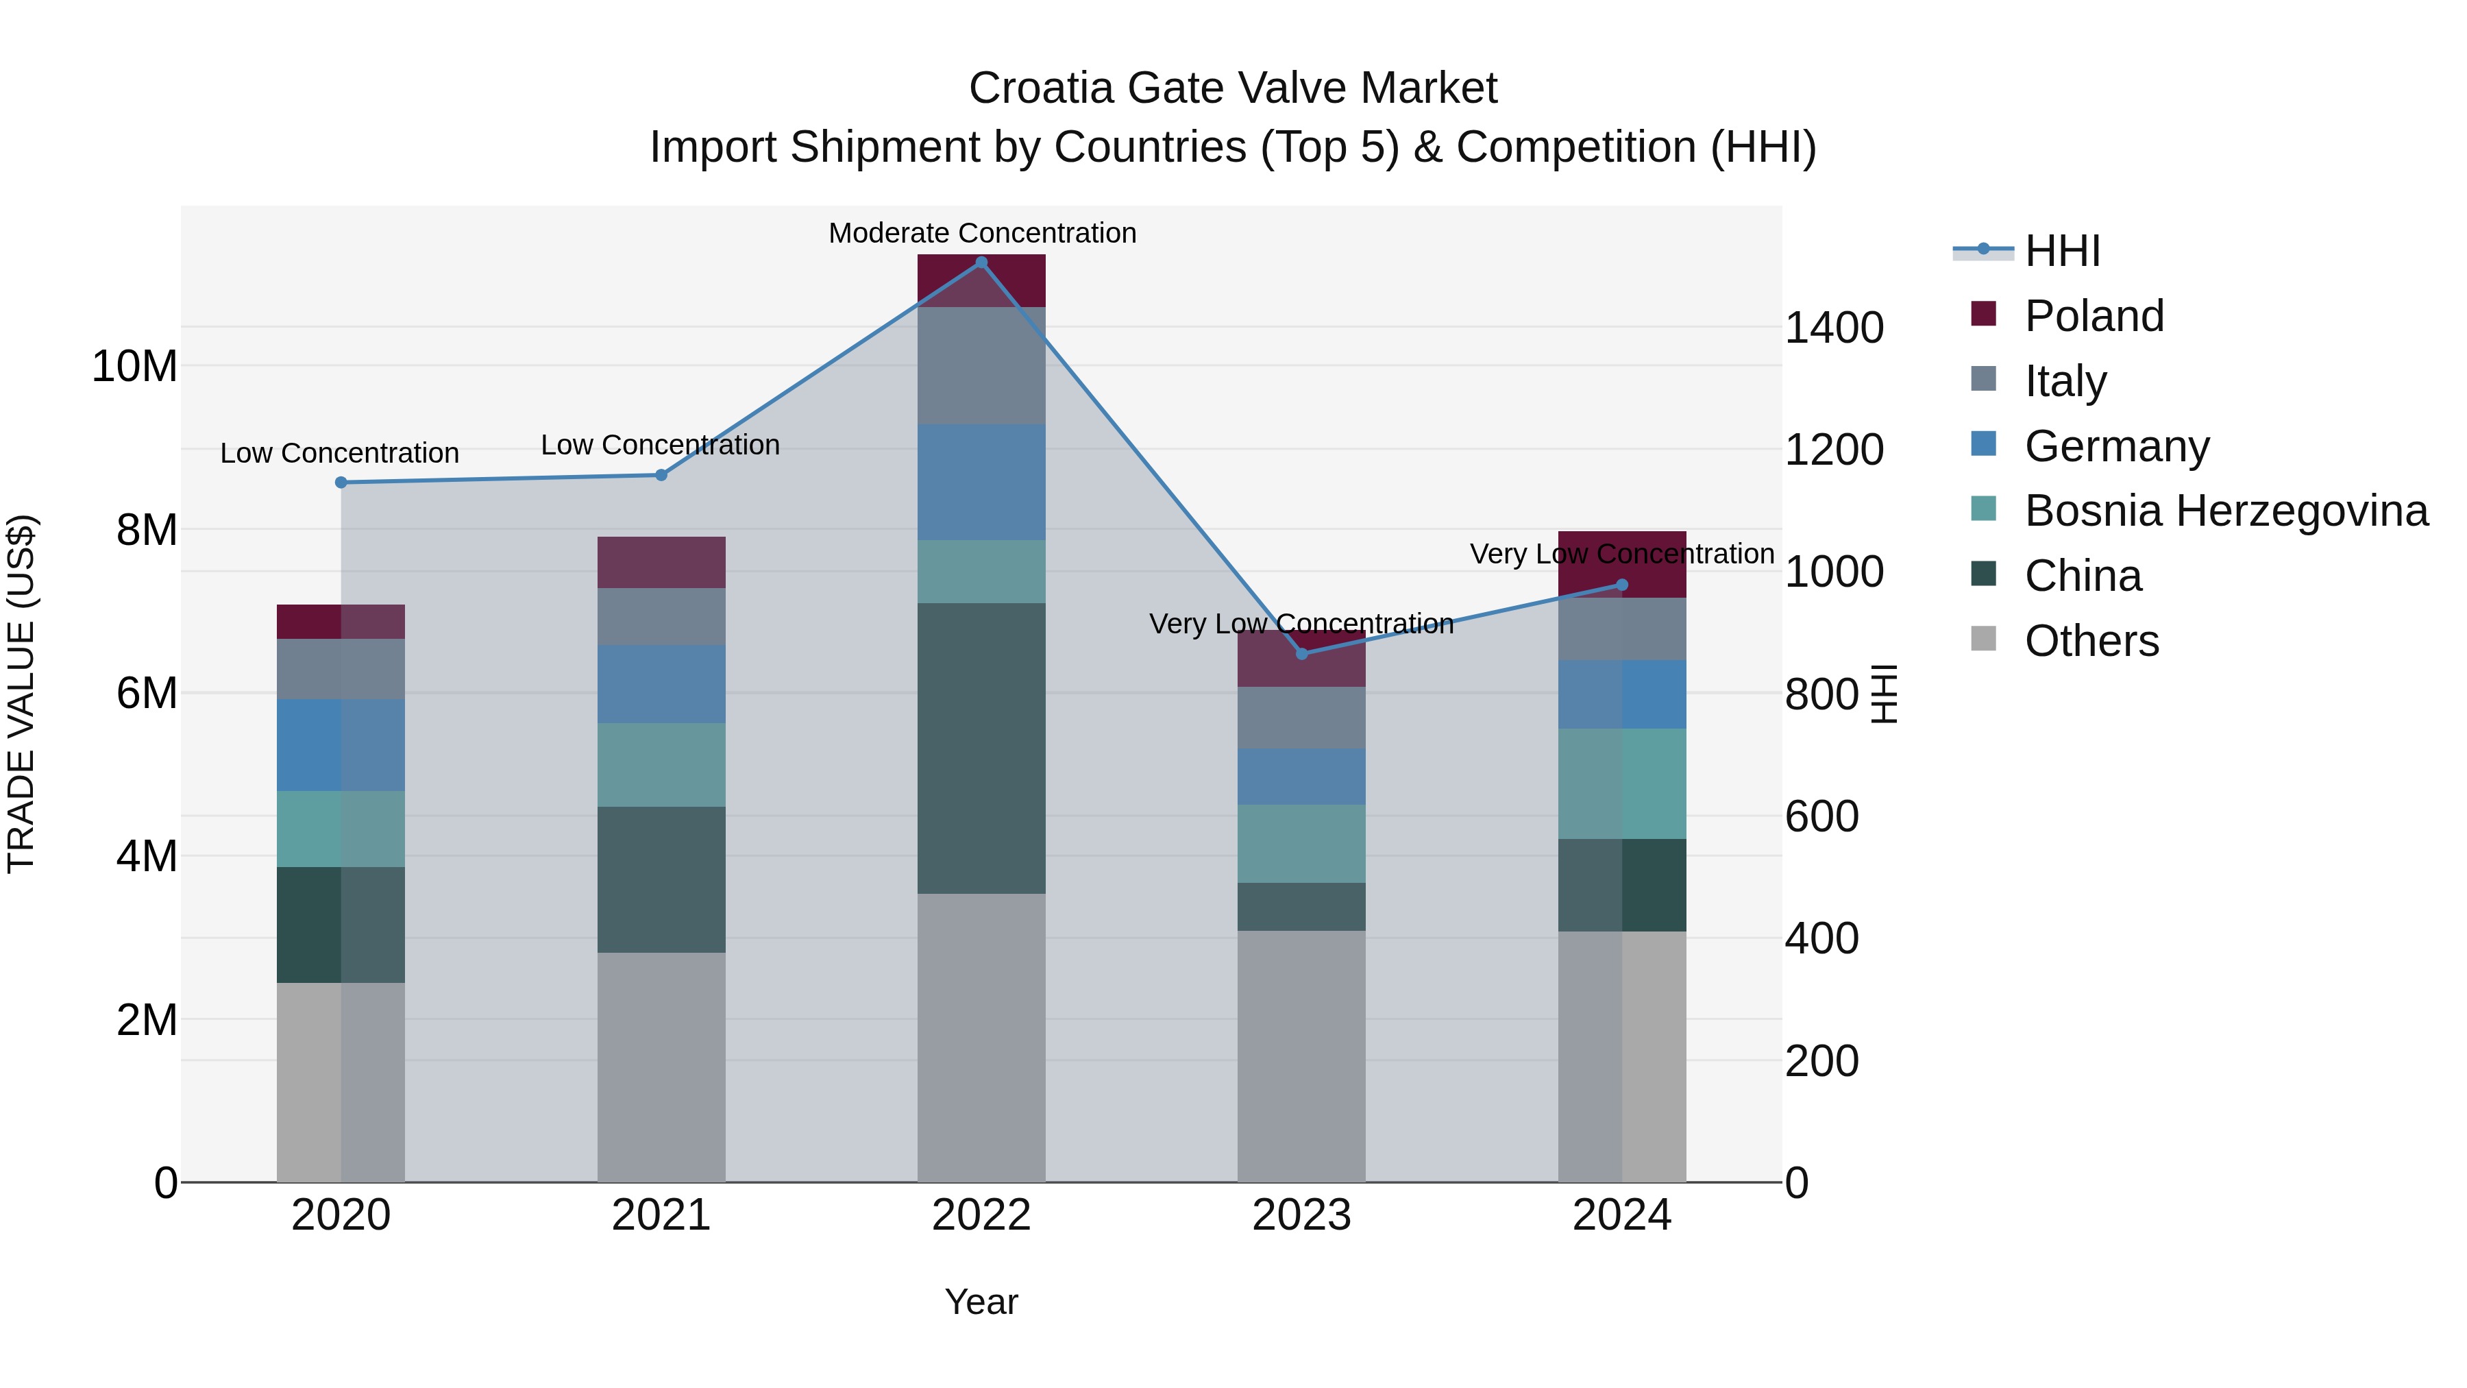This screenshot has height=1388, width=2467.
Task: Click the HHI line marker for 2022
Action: [981, 263]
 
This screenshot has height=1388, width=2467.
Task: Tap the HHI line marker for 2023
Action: [1301, 655]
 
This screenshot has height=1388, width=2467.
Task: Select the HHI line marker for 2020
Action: [341, 483]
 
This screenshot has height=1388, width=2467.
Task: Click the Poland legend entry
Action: [2094, 316]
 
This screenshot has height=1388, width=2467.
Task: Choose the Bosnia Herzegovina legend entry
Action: [2226, 511]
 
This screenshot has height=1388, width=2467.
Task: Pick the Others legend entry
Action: [2091, 641]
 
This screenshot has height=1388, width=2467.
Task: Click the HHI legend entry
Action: [2062, 251]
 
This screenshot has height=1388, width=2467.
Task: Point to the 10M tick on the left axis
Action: [134, 367]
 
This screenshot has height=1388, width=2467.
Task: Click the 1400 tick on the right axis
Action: [1834, 328]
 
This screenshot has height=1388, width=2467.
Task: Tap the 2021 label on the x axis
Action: [661, 1215]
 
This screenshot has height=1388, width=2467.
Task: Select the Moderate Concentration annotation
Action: [981, 233]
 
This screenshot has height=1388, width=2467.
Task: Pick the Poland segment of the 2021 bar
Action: [661, 562]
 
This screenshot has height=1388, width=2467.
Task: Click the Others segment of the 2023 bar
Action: [1301, 1056]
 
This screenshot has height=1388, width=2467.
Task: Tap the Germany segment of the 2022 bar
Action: [981, 482]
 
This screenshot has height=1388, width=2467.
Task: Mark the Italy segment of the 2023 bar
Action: [1301, 718]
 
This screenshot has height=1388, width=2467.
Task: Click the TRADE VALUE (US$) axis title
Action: [22, 694]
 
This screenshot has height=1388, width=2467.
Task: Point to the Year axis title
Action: [981, 1302]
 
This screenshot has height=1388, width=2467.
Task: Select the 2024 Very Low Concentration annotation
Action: [1621, 554]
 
